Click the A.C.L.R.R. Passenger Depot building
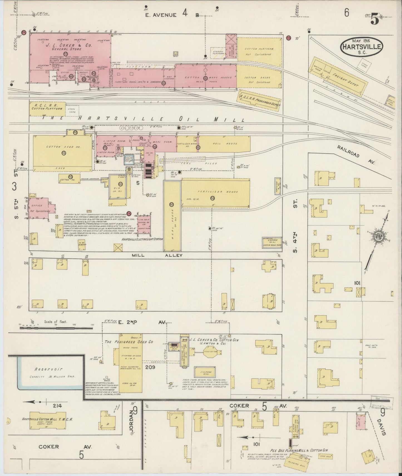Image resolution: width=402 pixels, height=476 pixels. [259, 100]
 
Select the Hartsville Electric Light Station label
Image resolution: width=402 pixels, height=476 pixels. [142, 239]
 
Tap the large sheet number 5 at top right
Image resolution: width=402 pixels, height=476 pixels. [374, 19]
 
